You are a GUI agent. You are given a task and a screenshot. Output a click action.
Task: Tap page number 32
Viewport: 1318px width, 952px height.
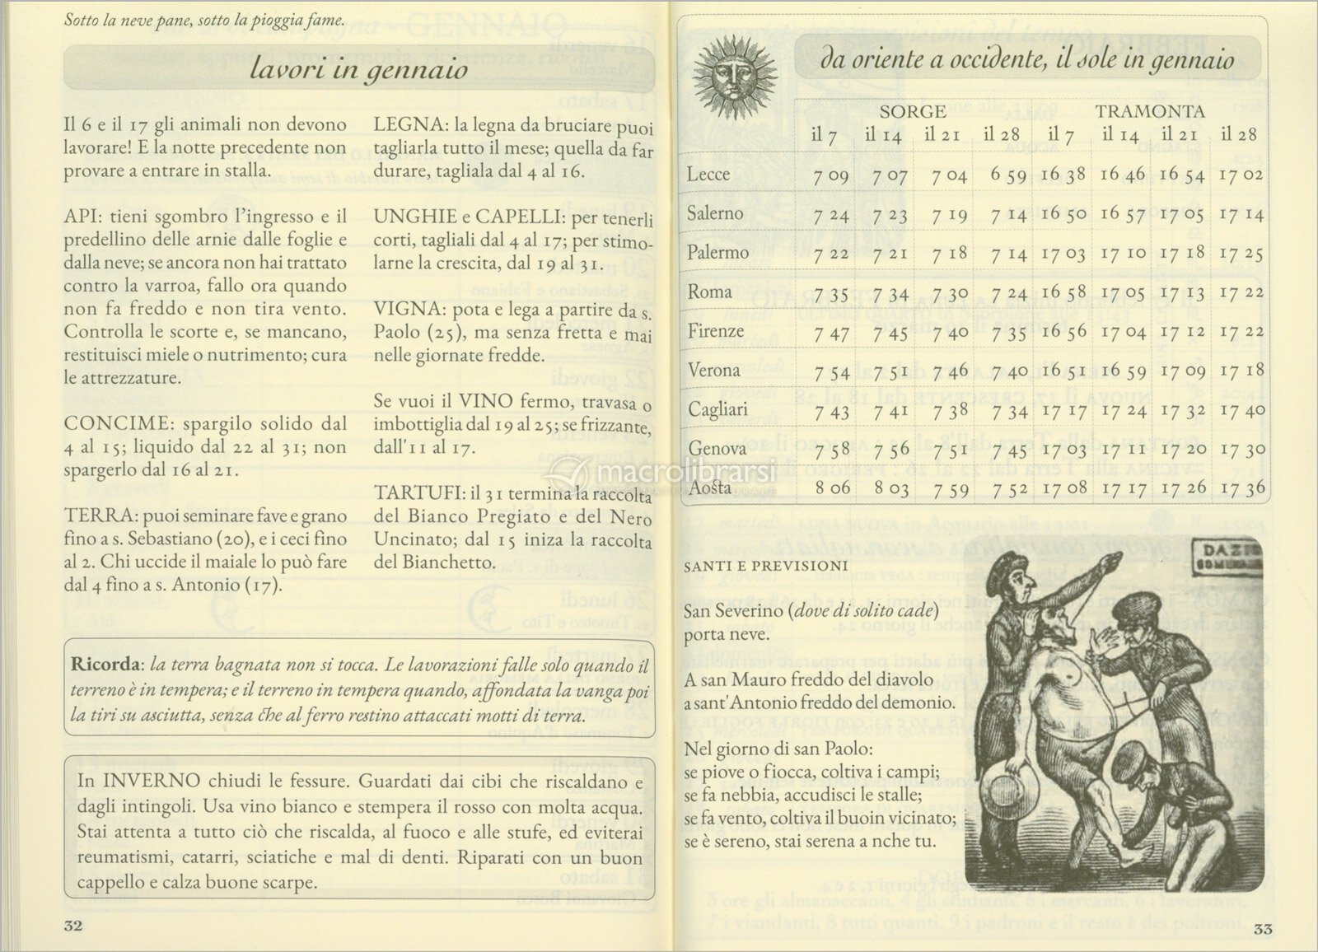pos(73,925)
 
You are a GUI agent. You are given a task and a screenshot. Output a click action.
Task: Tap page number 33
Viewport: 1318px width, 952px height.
pos(1264,930)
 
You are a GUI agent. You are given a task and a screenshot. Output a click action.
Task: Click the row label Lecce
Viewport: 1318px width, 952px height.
pos(708,174)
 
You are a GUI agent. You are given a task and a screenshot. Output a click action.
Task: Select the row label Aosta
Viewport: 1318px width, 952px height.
pos(710,487)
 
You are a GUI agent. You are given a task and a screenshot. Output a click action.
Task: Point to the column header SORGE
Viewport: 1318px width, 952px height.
pos(913,111)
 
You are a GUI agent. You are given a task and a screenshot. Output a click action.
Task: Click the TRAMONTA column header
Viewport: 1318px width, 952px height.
pos(1150,111)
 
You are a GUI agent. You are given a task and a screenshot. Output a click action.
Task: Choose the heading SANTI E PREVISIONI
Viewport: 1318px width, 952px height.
pos(765,566)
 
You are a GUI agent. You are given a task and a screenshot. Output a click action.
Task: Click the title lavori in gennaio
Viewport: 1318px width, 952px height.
pos(358,70)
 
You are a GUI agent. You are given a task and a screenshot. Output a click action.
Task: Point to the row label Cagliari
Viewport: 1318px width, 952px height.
pos(717,409)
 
